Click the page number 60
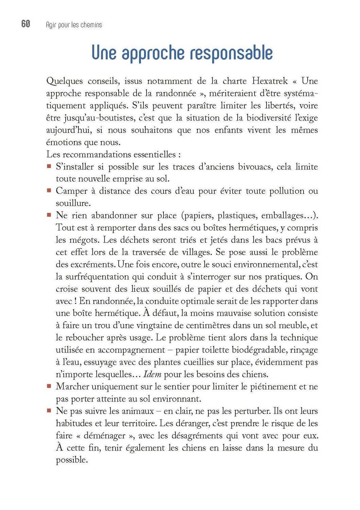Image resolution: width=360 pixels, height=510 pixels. click(x=26, y=24)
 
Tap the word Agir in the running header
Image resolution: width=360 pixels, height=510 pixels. click(x=50, y=25)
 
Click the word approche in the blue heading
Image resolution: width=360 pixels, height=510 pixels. click(x=153, y=53)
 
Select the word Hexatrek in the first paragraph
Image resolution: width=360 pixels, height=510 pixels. click(x=270, y=81)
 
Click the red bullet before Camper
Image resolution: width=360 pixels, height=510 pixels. click(x=49, y=191)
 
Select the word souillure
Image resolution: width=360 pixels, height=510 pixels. click(x=73, y=203)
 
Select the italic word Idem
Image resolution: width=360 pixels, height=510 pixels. click(x=152, y=375)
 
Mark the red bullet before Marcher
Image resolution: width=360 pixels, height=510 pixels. click(x=49, y=386)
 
